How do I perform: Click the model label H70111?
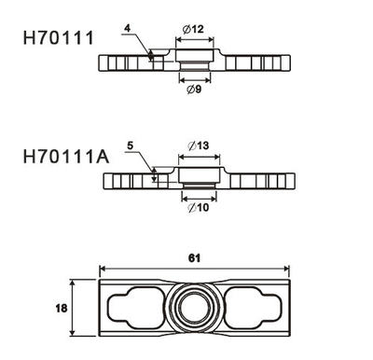coord(59,38)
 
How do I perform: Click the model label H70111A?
coord(66,157)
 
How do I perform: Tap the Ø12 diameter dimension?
coord(193,30)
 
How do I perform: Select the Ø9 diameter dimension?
coord(194,90)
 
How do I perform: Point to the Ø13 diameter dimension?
coord(199,145)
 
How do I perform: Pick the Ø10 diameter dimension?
coord(199,207)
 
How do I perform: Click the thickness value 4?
coord(127,28)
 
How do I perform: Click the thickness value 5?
coord(131,145)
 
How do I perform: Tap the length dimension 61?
coord(194,258)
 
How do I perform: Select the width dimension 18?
coord(62,308)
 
